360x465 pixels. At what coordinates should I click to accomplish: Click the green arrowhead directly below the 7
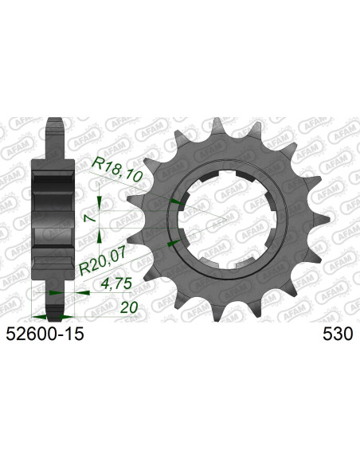(x=99, y=232)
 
